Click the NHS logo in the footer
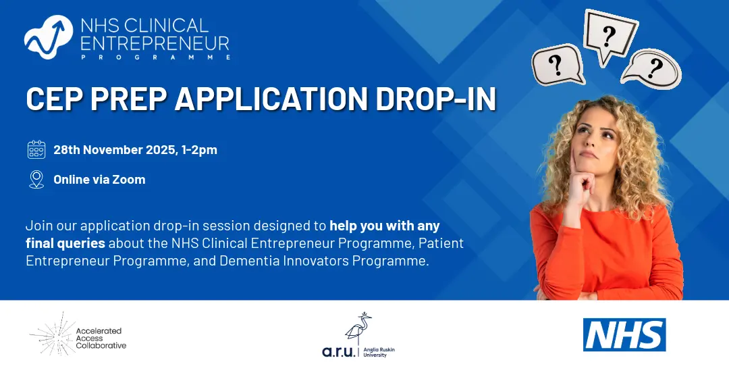click(624, 334)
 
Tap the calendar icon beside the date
click(36, 150)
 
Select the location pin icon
click(36, 179)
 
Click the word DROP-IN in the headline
click(435, 98)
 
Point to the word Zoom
click(129, 179)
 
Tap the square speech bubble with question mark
click(610, 36)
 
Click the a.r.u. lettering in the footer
click(339, 351)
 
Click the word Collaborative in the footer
click(101, 346)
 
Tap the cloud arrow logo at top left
click(49, 37)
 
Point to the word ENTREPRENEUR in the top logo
click(155, 43)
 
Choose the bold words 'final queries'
click(65, 243)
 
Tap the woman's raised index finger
click(575, 161)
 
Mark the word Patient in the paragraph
click(441, 243)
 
